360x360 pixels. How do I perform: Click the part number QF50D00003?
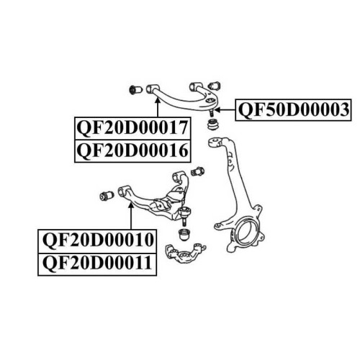coord(294,109)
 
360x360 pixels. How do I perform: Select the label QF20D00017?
coord(132,127)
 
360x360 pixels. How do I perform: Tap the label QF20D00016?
coord(132,150)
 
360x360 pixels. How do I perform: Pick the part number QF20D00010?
coord(98,240)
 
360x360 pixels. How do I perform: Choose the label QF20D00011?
coord(97,263)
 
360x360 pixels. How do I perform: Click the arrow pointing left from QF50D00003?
coord(225,110)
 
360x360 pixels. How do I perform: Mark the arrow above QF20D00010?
coord(131,216)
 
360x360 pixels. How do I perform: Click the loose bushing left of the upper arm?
coord(135,90)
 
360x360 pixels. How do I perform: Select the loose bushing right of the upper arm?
coord(215,86)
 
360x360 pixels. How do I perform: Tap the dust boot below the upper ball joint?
coord(212,125)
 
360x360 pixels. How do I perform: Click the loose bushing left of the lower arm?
coord(107,196)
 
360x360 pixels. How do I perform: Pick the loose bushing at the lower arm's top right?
coord(197,171)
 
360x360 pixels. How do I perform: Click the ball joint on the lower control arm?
coord(184,215)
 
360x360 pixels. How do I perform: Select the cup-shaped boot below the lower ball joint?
coord(185,235)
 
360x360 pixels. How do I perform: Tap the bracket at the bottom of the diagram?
coord(186,253)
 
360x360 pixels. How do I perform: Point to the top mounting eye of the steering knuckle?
coord(215,142)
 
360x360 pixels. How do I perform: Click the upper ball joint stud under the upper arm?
coord(212,112)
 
